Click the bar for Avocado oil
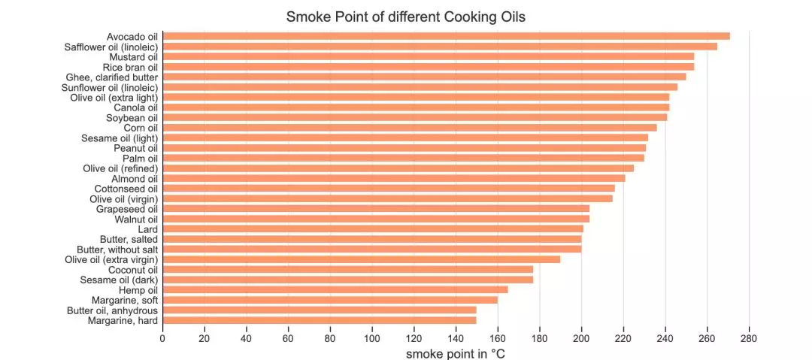446,36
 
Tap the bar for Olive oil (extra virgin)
361,259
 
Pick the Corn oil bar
409,127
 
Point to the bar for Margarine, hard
319,320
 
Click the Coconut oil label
132,269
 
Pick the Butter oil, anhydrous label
112,310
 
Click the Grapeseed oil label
126,208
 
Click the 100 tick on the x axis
371,337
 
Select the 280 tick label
749,337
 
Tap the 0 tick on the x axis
162,337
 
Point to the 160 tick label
497,337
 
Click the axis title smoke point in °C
456,352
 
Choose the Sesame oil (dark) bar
347,280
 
